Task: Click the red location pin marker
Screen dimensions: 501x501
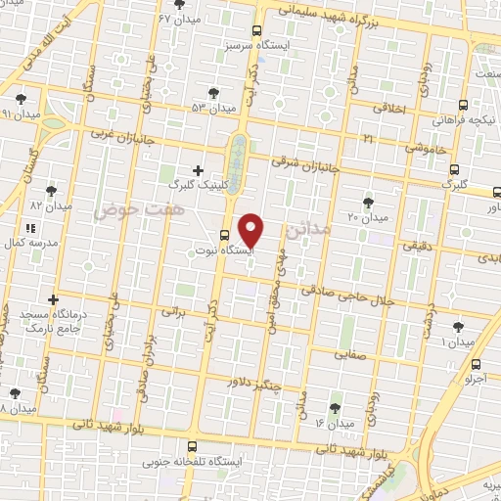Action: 251,230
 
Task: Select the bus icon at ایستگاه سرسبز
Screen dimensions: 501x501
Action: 256,30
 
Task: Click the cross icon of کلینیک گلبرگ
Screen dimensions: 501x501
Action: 199,169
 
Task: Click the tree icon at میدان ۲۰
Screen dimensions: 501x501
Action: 368,203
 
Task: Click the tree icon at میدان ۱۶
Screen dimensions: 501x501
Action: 335,408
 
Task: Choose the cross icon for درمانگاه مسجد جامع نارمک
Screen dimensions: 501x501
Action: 54,299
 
